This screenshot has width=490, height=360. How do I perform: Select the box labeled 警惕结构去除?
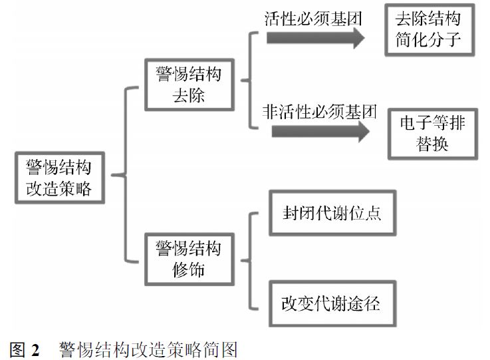188,84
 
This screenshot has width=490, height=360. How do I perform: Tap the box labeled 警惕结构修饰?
188,260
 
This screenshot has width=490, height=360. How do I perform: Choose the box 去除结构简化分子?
431,31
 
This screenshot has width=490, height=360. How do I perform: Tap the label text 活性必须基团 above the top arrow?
312,18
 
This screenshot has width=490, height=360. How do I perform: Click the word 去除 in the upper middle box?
188,95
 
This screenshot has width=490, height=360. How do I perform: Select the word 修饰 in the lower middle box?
188,271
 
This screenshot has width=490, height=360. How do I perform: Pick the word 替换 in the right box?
433,144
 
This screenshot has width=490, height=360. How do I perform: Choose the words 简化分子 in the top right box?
431,42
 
